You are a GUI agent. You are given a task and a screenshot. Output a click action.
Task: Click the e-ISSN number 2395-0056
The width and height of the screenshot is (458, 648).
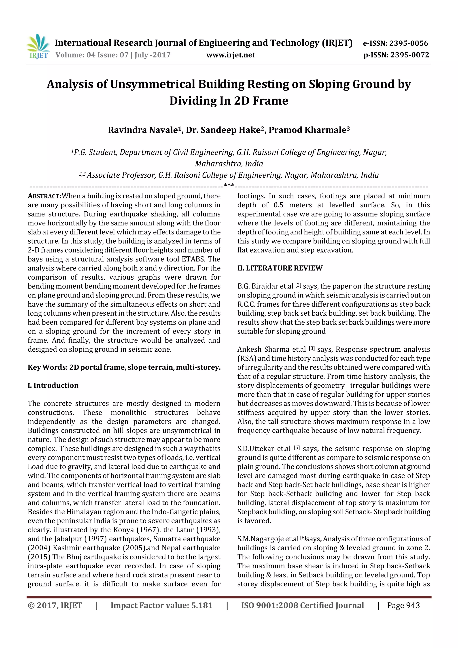[x=409, y=43]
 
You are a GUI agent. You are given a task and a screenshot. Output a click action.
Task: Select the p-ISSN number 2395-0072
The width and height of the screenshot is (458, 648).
[x=409, y=55]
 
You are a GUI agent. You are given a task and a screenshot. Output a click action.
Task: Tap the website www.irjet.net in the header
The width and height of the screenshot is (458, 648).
[x=230, y=55]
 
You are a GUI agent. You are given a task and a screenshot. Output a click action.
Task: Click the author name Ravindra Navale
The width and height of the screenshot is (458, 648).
[x=143, y=130]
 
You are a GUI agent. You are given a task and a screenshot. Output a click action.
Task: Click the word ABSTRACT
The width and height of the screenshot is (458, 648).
[x=44, y=196]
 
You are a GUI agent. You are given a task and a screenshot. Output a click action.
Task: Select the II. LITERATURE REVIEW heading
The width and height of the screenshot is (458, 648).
[x=280, y=268]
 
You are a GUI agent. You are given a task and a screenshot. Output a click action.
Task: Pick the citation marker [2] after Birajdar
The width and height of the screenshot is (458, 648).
[x=298, y=285]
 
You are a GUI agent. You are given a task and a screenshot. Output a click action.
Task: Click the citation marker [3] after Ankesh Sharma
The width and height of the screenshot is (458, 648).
[x=312, y=348]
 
